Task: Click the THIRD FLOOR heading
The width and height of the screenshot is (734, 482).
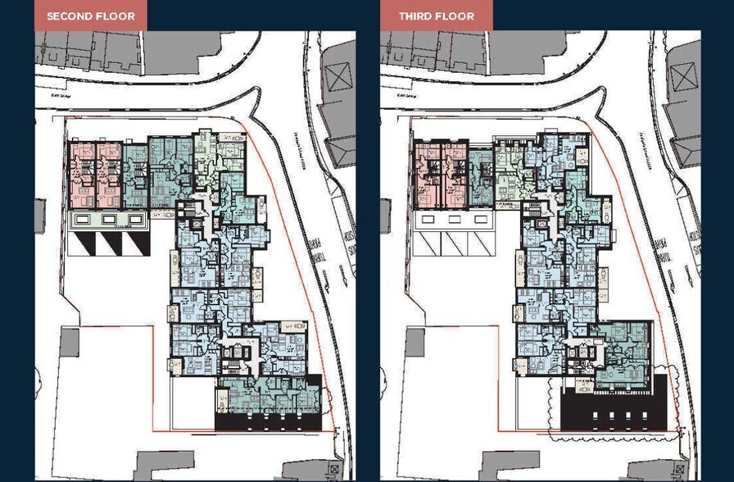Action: [x=436, y=16]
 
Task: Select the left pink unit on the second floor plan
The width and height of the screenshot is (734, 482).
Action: [x=82, y=174]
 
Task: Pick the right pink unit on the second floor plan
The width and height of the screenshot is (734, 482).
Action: [x=107, y=174]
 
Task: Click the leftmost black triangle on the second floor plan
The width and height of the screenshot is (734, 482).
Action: [x=81, y=243]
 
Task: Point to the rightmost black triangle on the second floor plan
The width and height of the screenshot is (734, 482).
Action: [x=134, y=243]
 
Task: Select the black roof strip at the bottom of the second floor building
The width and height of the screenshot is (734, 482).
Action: [x=268, y=421]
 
